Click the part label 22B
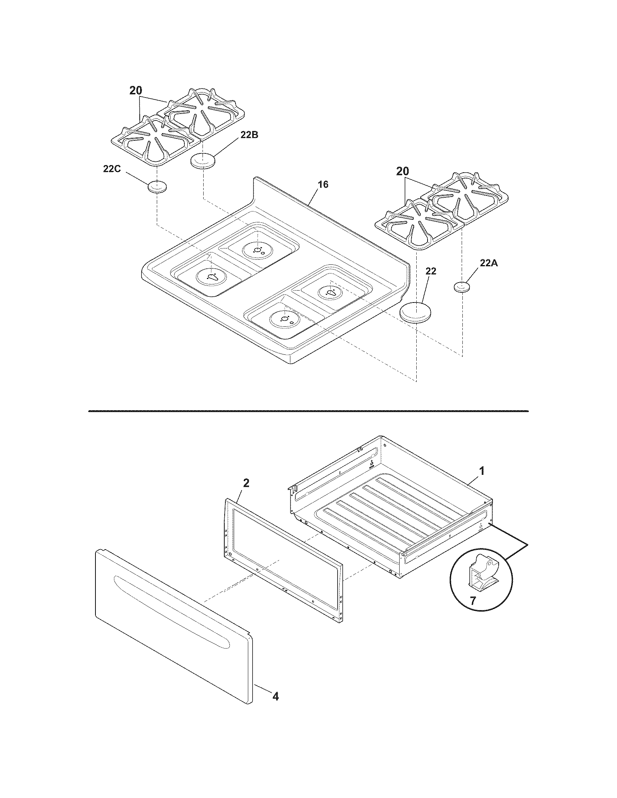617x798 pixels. pos(249,135)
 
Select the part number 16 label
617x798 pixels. pos(323,185)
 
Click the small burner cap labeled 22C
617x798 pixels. pos(157,187)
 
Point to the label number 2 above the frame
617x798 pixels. pos(246,483)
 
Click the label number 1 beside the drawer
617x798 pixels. pos(482,471)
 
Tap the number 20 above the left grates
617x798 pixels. pos(136,91)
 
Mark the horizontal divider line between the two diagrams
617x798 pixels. pos(308,411)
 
